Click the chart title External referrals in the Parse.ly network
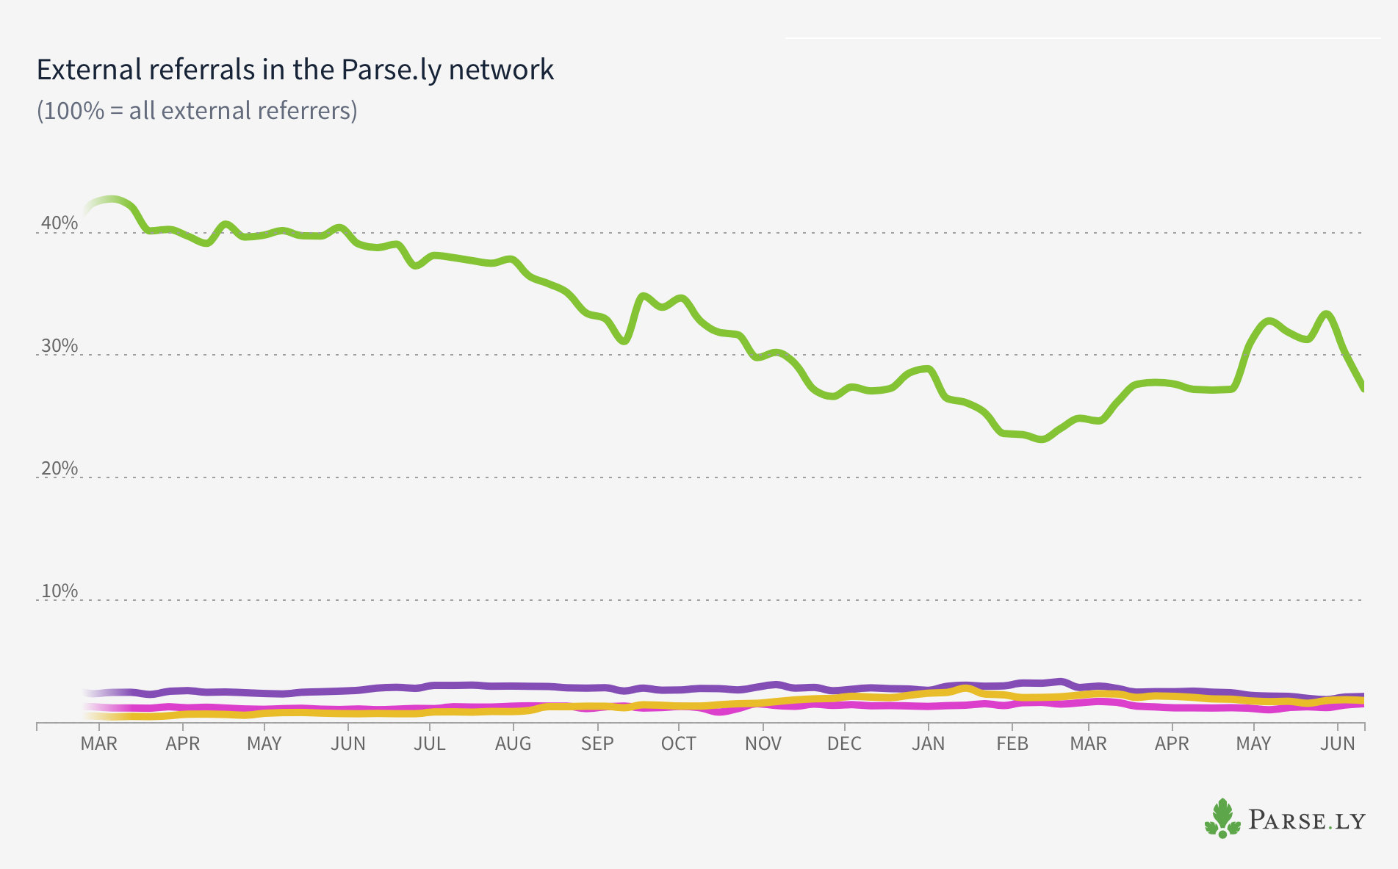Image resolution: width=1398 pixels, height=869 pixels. (x=295, y=70)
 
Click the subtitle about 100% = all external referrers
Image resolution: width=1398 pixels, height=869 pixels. (x=197, y=110)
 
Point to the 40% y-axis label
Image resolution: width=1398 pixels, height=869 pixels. (x=60, y=223)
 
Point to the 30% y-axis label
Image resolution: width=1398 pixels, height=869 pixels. (x=60, y=345)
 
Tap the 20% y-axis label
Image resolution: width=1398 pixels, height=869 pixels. (x=60, y=468)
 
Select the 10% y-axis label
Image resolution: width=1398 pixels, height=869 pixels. (x=60, y=591)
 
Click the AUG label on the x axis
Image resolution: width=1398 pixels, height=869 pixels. (x=513, y=743)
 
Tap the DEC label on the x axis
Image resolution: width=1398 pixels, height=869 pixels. (x=844, y=743)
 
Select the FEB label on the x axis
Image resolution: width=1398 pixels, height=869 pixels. (x=1012, y=743)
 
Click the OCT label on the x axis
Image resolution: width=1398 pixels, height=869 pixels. (x=678, y=743)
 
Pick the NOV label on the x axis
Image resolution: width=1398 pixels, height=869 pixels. (x=763, y=743)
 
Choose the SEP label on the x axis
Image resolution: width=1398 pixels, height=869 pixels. (x=597, y=743)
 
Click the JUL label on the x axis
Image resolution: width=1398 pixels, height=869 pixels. (x=429, y=743)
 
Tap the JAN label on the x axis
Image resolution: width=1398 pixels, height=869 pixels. (x=928, y=743)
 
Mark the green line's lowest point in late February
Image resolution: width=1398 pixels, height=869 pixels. (x=1042, y=439)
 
